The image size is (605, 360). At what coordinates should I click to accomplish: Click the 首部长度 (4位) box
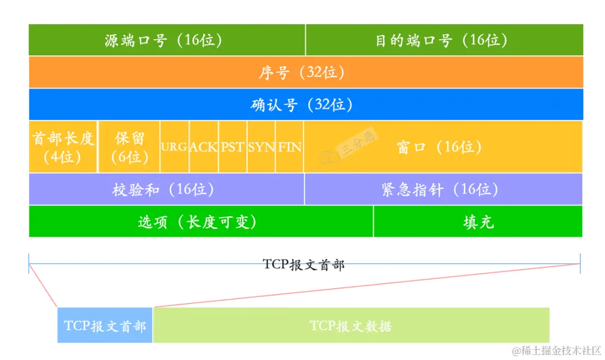[x=63, y=147]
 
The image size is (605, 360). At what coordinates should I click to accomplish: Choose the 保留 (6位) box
[x=129, y=147]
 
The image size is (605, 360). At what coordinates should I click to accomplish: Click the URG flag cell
[x=174, y=147]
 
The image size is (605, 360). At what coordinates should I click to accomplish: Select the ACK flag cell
[x=203, y=147]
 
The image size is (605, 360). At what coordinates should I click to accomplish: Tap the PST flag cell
[x=232, y=147]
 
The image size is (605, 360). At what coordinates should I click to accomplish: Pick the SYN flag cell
[x=261, y=147]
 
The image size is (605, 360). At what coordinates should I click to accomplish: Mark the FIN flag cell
[x=290, y=147]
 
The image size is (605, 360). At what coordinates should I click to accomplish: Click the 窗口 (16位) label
[x=439, y=147]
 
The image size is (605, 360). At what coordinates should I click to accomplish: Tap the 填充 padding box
[x=478, y=222]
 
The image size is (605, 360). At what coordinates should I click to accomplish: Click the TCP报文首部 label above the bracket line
[x=304, y=264]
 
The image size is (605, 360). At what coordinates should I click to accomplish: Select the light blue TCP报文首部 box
[x=105, y=325]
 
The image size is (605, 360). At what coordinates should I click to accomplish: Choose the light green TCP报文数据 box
[x=351, y=325]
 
